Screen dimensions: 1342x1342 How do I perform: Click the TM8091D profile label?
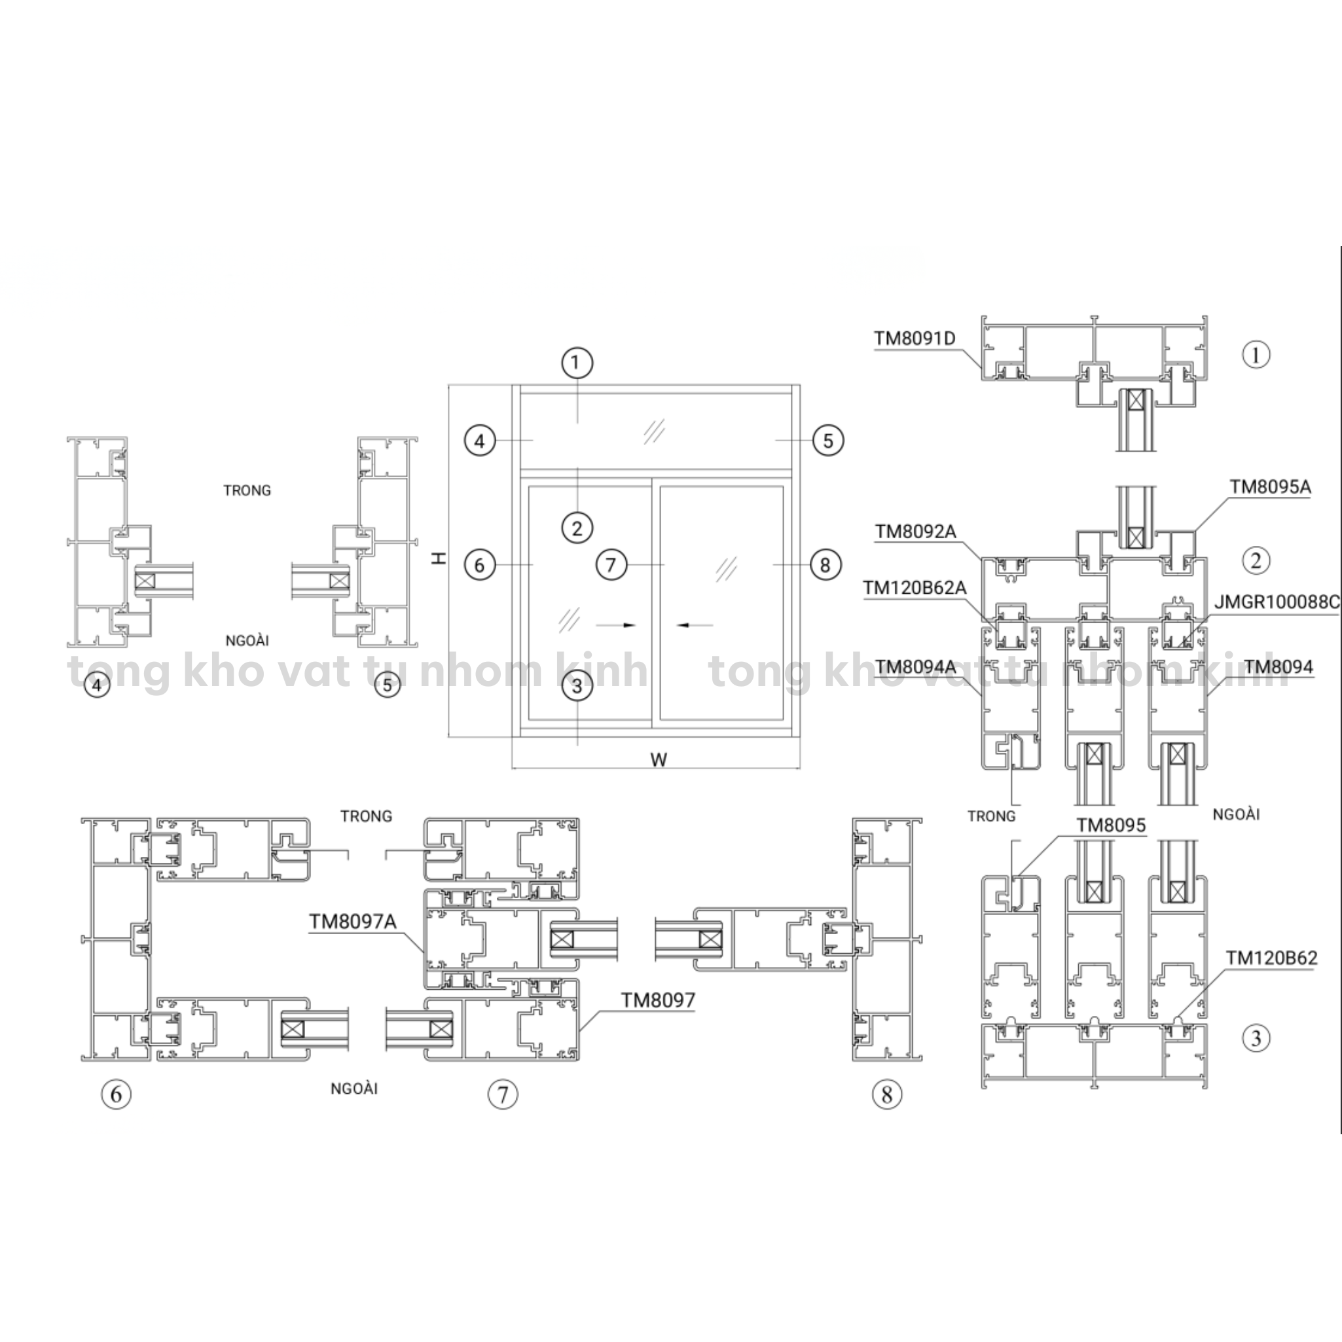[x=914, y=338]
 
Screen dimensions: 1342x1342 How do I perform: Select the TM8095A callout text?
[x=1270, y=487]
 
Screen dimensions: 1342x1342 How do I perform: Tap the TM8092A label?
[x=915, y=532]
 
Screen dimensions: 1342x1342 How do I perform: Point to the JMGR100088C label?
[x=1277, y=602]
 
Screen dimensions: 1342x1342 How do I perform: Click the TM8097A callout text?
[x=352, y=922]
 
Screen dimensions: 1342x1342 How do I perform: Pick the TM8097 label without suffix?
[x=657, y=1000]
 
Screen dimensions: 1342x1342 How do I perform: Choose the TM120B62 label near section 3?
[x=1271, y=958]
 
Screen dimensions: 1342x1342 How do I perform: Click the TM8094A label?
[x=915, y=668]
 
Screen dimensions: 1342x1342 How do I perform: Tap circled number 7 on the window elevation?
[x=611, y=565]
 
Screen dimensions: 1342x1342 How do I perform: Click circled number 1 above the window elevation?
[x=577, y=362]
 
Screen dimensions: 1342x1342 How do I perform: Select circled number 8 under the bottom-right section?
[x=886, y=1095]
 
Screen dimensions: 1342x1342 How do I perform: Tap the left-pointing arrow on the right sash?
[x=695, y=625]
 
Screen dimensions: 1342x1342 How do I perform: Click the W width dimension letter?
[x=659, y=760]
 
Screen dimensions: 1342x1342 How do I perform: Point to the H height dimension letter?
[x=439, y=558]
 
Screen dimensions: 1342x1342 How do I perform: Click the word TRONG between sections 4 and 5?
[x=247, y=490]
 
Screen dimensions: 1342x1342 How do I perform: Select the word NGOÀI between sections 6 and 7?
[x=354, y=1089]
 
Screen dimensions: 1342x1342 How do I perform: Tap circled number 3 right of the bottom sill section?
[x=1255, y=1038]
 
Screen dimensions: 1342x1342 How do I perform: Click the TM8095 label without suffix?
[x=1111, y=825]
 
